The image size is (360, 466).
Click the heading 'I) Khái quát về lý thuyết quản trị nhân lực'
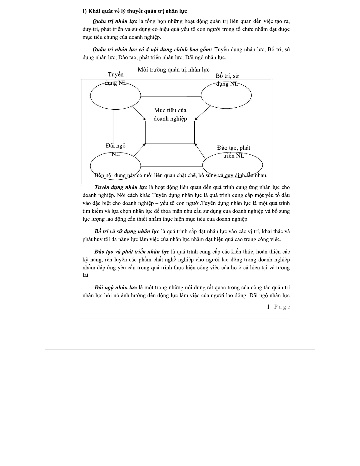[x=135, y=11]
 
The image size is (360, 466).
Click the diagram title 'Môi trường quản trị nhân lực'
[x=173, y=70]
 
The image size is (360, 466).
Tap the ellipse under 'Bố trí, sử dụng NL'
[x=226, y=96]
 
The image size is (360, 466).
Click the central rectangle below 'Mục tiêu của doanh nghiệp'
[x=170, y=132]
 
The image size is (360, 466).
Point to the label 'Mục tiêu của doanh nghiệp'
[x=170, y=114]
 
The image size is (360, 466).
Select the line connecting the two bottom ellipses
[x=172, y=166]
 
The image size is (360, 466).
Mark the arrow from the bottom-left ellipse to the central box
[x=139, y=150]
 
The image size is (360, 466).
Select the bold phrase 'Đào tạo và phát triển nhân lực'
[x=132, y=252]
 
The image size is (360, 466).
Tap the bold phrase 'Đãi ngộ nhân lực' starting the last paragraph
[x=115, y=288]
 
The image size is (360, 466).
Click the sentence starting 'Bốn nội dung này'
[x=181, y=176]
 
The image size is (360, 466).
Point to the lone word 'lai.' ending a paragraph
[x=86, y=275]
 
